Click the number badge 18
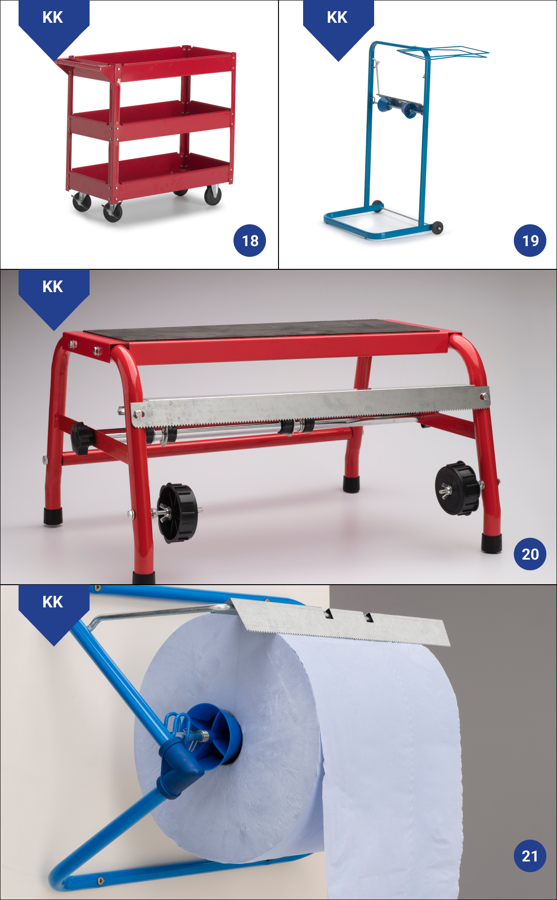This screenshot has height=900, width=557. click(x=250, y=241)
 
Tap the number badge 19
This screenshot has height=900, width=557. click(x=530, y=241)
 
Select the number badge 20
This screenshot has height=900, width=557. click(x=530, y=554)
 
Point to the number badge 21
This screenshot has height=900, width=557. click(x=530, y=855)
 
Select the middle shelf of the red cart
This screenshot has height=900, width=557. click(x=151, y=119)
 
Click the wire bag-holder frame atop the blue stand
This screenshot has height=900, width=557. click(x=443, y=52)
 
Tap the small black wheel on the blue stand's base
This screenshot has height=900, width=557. click(x=437, y=228)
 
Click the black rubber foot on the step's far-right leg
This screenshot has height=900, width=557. click(x=491, y=543)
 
